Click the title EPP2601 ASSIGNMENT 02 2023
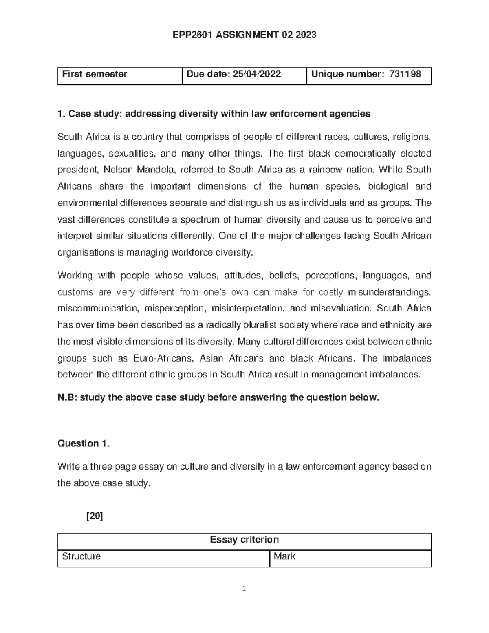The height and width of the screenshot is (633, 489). (244, 35)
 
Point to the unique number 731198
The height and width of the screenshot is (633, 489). (405, 74)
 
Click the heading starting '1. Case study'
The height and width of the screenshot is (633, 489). (214, 114)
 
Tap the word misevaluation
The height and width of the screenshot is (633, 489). (341, 309)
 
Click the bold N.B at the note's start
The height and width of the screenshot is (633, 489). (66, 398)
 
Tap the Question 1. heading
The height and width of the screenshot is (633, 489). (84, 443)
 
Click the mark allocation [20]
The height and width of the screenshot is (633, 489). (95, 516)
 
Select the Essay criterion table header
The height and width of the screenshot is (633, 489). (244, 540)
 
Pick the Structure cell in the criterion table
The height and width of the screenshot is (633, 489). (81, 557)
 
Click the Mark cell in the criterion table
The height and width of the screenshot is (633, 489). (284, 557)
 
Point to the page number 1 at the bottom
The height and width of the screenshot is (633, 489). (244, 589)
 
